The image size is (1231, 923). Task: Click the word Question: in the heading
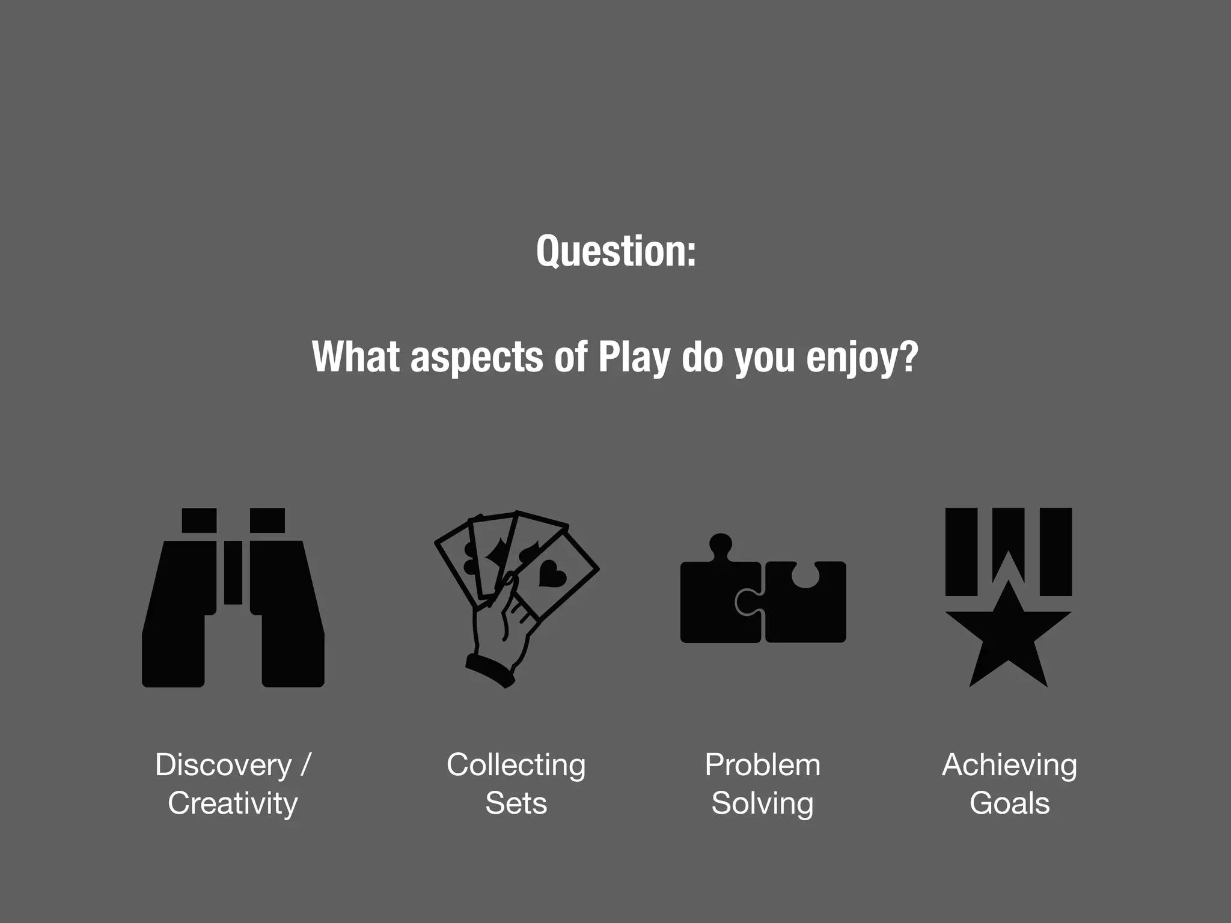coord(616,251)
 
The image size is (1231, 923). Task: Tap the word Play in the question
coord(634,357)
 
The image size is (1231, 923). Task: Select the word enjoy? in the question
coord(862,357)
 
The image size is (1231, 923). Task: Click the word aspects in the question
coord(477,357)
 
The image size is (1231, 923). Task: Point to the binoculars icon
coord(233,597)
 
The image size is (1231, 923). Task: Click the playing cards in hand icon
coord(516,599)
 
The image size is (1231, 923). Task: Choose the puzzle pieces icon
coord(763,595)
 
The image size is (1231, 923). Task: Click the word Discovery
coord(223,765)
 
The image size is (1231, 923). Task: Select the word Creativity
coord(233,803)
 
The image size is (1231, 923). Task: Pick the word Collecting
coord(516,765)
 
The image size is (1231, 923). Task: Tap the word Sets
coord(516,803)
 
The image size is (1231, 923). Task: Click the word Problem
coord(762,765)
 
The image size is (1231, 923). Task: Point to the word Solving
coord(762,803)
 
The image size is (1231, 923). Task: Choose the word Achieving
coord(1009,765)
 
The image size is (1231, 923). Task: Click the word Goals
coord(1009,803)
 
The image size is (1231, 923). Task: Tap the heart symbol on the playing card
coord(552,573)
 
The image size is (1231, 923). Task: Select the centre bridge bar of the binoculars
coord(233,572)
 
